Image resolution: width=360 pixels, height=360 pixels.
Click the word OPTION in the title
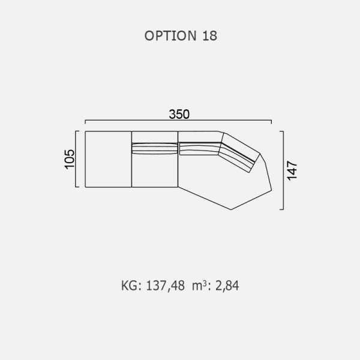tap(170, 36)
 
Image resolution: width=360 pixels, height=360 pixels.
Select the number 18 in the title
tap(209, 36)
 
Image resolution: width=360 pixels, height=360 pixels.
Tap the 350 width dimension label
tap(179, 115)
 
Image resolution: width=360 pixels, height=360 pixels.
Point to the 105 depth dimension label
tap(70, 160)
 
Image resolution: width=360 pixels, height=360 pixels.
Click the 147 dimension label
tap(292, 170)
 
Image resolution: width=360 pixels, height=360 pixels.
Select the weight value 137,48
tap(165, 286)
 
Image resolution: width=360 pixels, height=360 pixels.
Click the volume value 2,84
tap(227, 286)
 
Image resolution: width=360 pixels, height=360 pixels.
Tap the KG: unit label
tap(131, 286)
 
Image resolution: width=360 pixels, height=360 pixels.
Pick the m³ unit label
tap(200, 286)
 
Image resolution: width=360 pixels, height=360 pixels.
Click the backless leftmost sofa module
tap(108, 159)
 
